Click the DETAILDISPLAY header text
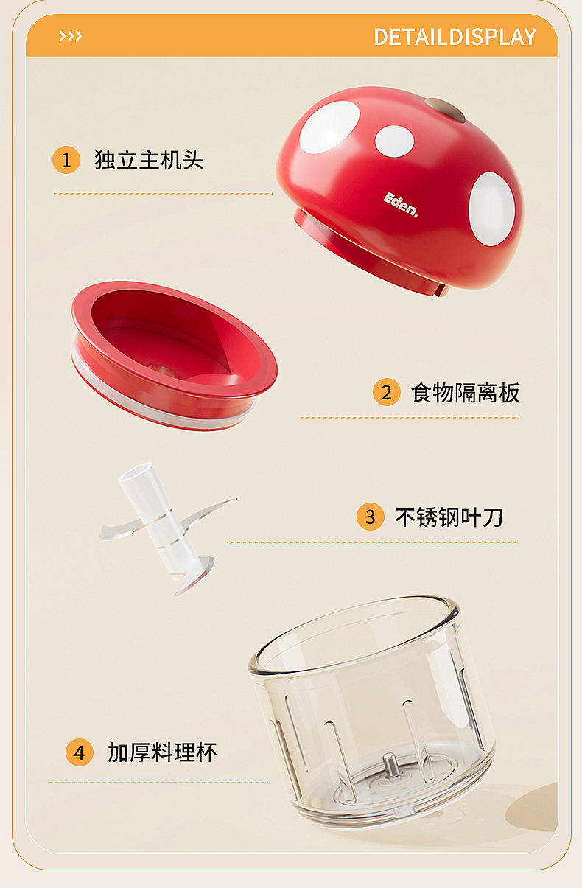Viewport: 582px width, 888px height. click(455, 37)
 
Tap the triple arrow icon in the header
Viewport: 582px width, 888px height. click(71, 36)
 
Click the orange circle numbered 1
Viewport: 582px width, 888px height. click(66, 160)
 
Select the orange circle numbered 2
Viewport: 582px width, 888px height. click(386, 392)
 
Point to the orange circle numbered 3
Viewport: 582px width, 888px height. click(370, 517)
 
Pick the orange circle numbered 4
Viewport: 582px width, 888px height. click(80, 752)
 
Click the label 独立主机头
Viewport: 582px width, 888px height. click(149, 160)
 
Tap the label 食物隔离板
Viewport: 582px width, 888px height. click(465, 392)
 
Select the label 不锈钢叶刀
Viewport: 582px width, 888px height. click(449, 517)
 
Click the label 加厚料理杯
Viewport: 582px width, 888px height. click(162, 752)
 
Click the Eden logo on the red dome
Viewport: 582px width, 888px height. click(401, 205)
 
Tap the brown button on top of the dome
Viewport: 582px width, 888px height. click(444, 110)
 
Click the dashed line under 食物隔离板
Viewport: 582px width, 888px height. click(409, 418)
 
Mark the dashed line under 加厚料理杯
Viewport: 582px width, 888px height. click(158, 782)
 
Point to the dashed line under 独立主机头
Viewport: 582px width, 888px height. click(163, 194)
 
